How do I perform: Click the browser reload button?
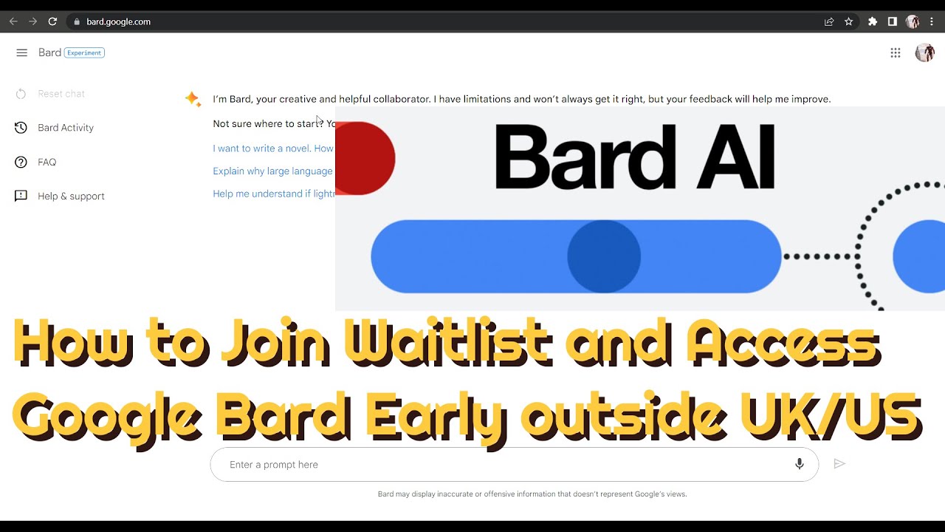click(x=52, y=21)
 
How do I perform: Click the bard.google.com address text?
click(x=118, y=21)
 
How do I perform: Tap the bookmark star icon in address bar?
click(x=849, y=21)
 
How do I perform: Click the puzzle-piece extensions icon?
click(x=873, y=21)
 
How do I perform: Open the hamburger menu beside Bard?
click(x=21, y=52)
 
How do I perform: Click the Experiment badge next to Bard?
click(x=84, y=52)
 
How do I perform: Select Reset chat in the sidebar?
click(x=61, y=94)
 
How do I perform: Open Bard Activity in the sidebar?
click(x=66, y=128)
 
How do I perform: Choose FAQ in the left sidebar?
click(x=47, y=162)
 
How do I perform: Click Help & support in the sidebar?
click(x=71, y=196)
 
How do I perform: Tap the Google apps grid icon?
click(x=896, y=52)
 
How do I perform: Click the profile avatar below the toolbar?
click(x=924, y=52)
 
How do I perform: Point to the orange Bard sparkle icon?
click(x=193, y=99)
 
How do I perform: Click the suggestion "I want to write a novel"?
click(x=272, y=149)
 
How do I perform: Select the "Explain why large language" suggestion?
click(x=272, y=171)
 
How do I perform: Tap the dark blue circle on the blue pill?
click(x=604, y=256)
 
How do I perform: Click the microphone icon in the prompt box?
click(x=799, y=464)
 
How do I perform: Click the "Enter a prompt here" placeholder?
click(x=274, y=465)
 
